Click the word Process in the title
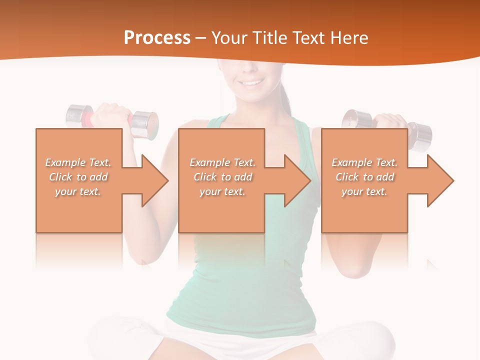click(x=157, y=38)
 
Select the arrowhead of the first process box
click(x=154, y=180)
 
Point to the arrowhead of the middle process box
click(x=297, y=180)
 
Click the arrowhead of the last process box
click(x=440, y=180)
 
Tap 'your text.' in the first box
click(x=78, y=191)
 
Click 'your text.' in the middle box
click(x=222, y=191)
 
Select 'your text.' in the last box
click(x=364, y=191)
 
